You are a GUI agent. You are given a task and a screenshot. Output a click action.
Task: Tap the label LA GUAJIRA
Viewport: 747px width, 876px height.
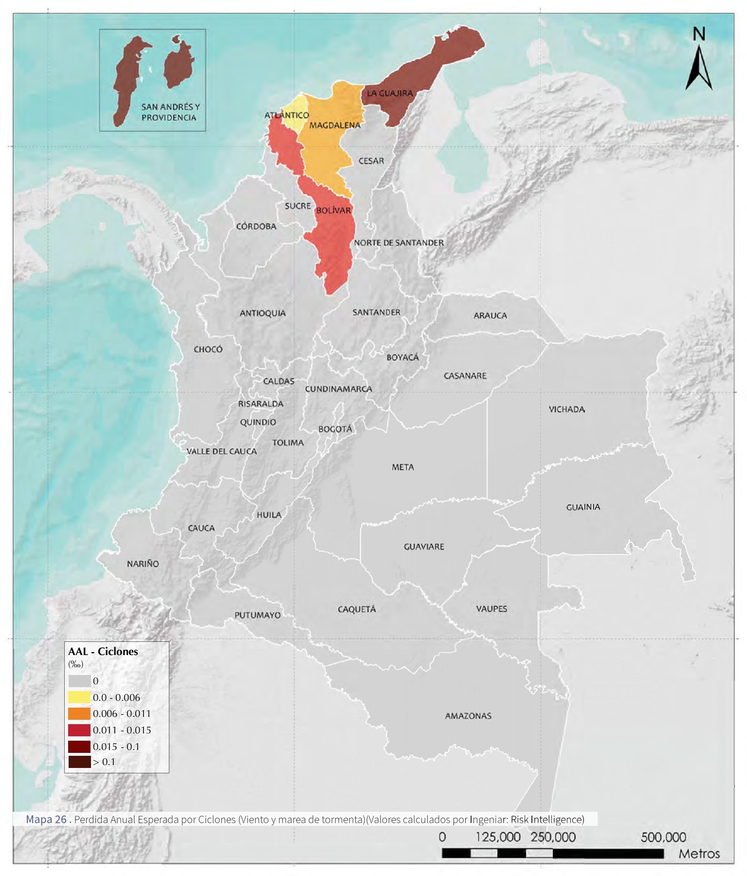389,93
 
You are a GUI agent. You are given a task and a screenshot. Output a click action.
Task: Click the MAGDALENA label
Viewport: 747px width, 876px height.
335,125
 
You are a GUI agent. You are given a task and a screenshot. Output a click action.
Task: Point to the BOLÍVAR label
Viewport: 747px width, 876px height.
333,210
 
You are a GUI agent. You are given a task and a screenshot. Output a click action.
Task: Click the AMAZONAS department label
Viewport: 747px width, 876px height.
468,716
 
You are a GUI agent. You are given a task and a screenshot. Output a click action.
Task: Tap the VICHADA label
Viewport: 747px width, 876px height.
566,409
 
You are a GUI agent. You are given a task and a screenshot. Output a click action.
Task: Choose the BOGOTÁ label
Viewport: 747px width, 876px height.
335,429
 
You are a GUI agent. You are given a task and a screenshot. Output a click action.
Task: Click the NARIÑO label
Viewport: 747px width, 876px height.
143,564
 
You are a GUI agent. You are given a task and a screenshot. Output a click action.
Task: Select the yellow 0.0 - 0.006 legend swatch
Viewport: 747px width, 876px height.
79,697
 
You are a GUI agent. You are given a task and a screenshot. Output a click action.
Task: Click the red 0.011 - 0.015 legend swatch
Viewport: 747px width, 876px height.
79,730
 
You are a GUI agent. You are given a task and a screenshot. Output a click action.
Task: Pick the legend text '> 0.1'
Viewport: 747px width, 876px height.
104,762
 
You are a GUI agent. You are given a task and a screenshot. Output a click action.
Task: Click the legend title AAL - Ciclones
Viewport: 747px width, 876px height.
103,651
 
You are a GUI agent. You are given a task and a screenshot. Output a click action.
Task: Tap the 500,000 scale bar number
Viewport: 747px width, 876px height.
663,837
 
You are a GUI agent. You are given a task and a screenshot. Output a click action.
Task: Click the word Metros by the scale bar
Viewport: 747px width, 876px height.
699,854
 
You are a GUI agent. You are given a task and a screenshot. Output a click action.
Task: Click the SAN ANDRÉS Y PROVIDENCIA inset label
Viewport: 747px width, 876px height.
170,112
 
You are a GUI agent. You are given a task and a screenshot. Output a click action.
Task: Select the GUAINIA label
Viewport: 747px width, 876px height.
583,507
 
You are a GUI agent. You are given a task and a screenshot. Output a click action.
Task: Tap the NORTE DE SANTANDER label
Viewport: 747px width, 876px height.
399,242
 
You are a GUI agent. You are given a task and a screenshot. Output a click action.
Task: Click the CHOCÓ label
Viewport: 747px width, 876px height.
208,349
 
